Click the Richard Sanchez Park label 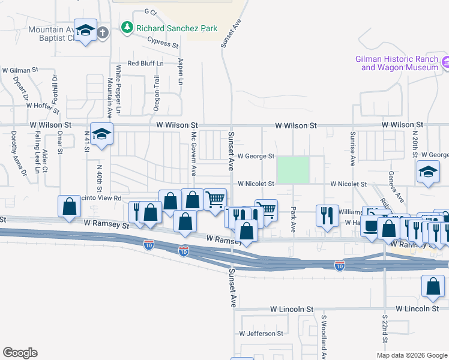(x=176, y=28)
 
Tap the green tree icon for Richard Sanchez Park (x=127, y=27)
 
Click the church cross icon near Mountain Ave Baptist (x=103, y=32)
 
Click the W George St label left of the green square (x=256, y=156)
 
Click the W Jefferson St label (x=261, y=333)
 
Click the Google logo (x=20, y=353)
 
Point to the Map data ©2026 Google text (x=411, y=355)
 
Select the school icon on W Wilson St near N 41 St (x=102, y=134)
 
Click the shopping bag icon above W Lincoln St (x=433, y=288)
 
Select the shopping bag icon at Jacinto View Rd (x=70, y=206)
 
